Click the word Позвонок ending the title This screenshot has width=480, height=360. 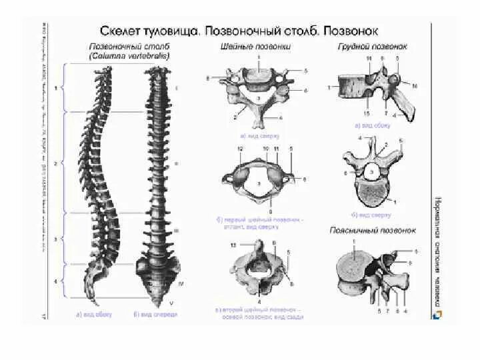coord(353,31)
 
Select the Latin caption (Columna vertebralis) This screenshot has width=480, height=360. coord(129,57)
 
